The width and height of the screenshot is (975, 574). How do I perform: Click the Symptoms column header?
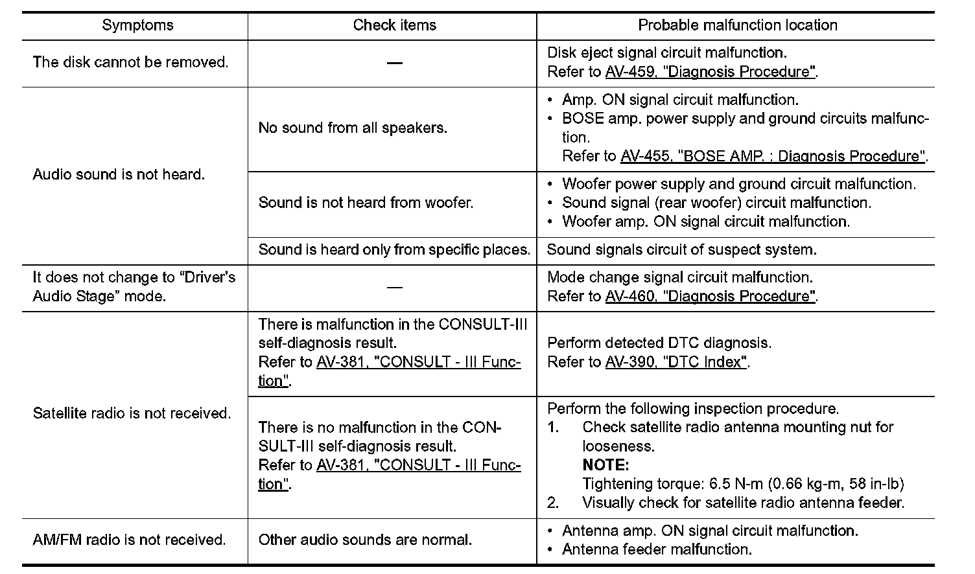tap(137, 25)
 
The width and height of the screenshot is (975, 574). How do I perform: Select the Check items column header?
tap(394, 25)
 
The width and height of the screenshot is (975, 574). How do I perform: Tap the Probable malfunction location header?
tap(737, 25)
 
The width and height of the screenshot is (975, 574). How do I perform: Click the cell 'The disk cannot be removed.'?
tap(130, 62)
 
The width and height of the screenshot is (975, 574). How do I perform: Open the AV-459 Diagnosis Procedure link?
tap(710, 72)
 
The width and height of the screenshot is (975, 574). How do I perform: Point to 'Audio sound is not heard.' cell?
tap(119, 174)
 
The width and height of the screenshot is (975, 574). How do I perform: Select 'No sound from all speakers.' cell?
tap(353, 128)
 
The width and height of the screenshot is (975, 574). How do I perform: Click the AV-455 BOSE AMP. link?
tap(773, 156)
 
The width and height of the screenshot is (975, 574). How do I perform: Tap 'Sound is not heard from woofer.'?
tap(366, 203)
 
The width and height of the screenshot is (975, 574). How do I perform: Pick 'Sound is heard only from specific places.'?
tap(394, 249)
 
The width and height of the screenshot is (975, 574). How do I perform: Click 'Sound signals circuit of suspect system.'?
tap(681, 249)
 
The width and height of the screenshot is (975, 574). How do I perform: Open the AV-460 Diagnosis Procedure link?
tap(710, 296)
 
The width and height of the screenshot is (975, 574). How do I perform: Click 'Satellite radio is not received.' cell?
tap(132, 413)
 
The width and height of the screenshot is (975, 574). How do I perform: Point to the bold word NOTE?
tap(605, 465)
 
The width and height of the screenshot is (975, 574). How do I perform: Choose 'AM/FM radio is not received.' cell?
tap(129, 540)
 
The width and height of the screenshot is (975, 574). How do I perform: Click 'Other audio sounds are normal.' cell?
tap(365, 540)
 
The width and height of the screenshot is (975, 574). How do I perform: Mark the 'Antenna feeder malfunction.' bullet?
tap(657, 549)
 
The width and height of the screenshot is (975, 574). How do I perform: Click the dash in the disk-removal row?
tap(394, 62)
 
